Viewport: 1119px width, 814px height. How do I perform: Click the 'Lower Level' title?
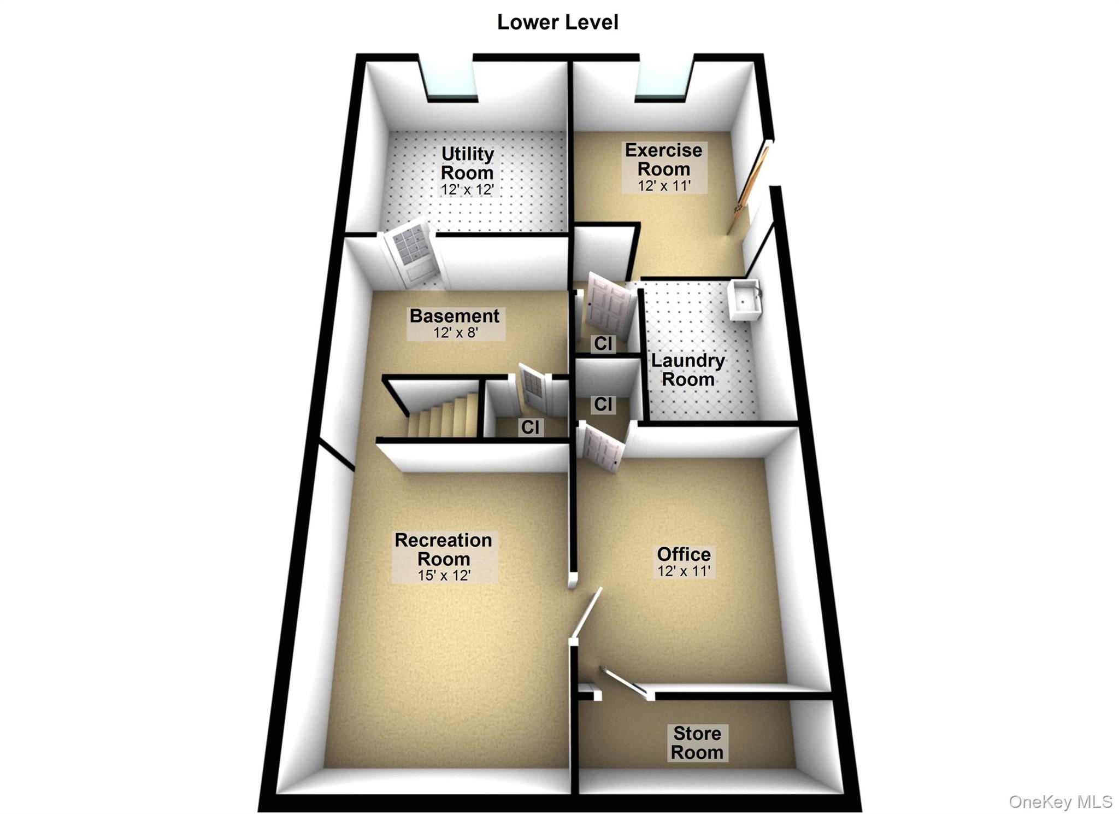(557, 22)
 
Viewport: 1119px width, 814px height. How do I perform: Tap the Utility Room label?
(467, 163)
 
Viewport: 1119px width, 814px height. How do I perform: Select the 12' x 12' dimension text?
(467, 190)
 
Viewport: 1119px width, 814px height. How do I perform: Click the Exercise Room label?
(664, 159)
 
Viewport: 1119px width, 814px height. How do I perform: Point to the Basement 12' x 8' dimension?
(456, 332)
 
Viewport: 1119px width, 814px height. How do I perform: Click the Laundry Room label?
(688, 370)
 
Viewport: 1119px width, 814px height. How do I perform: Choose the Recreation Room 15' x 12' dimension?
(444, 575)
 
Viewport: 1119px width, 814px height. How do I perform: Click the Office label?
(684, 554)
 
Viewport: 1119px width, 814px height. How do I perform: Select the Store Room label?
(697, 742)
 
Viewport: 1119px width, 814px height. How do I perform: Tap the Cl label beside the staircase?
(530, 427)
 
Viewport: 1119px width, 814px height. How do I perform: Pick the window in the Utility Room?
(449, 80)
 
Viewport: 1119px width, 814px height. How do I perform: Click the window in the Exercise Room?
(664, 79)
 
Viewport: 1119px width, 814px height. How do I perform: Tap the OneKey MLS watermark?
(1060, 801)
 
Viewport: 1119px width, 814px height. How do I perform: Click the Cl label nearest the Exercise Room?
(603, 343)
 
